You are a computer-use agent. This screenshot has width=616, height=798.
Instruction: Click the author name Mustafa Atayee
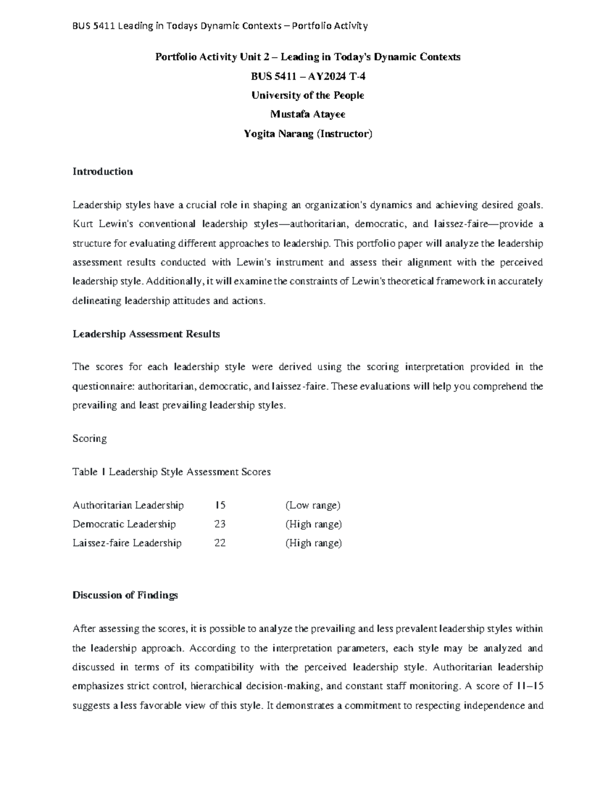(x=307, y=114)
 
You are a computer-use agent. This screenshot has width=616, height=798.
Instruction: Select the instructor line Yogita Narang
(x=307, y=134)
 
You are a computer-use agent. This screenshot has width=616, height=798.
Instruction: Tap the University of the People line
(x=307, y=95)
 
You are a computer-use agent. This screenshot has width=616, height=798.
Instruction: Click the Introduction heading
(x=103, y=172)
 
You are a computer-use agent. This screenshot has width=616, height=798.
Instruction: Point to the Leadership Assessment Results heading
(x=146, y=334)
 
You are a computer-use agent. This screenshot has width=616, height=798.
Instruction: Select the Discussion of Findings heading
(x=125, y=595)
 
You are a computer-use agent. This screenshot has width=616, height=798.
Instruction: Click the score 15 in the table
(x=220, y=505)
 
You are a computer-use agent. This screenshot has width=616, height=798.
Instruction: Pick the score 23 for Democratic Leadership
(x=220, y=524)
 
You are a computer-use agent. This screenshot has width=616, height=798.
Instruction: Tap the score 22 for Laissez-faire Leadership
(x=220, y=543)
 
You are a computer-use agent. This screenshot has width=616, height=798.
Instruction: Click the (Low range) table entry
(x=313, y=505)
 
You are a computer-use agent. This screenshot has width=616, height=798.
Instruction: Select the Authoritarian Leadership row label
(x=128, y=505)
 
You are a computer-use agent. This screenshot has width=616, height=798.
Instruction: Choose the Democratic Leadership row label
(x=124, y=524)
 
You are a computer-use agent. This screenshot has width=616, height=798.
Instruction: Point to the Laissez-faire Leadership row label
(x=127, y=543)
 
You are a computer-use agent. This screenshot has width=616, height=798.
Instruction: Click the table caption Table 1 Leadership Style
(x=171, y=472)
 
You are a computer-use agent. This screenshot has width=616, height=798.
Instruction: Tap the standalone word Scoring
(x=90, y=438)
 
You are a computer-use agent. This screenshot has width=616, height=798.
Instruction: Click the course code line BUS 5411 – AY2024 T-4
(x=307, y=76)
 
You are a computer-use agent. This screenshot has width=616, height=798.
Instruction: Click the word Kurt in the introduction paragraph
(x=81, y=224)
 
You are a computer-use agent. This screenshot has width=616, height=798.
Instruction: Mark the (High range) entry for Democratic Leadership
(x=313, y=524)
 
